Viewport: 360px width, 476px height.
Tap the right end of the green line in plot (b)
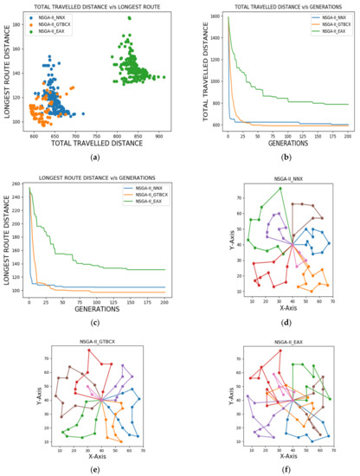click(x=347, y=105)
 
